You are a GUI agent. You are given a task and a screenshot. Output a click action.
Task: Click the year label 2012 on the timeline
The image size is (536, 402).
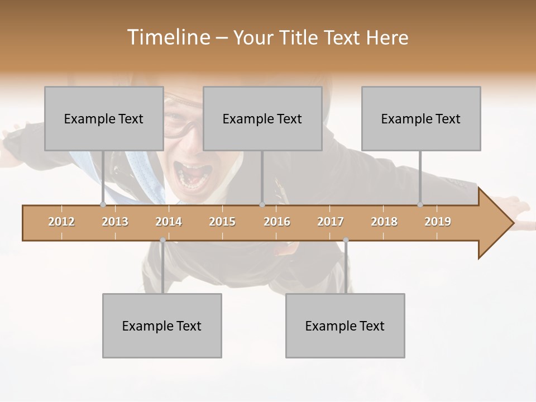(x=61, y=222)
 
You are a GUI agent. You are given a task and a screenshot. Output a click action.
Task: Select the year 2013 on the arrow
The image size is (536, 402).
(x=115, y=222)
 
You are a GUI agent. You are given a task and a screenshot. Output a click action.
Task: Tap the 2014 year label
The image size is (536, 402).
(x=169, y=222)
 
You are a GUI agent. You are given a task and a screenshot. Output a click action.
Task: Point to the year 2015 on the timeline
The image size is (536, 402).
(x=222, y=222)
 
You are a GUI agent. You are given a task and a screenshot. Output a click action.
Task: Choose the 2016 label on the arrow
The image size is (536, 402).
(x=277, y=222)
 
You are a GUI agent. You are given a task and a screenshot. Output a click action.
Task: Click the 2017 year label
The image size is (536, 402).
(x=331, y=222)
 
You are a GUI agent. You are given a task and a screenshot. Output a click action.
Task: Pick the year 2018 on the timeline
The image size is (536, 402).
(x=384, y=222)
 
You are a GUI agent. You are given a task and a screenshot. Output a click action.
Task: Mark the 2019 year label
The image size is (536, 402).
(x=438, y=222)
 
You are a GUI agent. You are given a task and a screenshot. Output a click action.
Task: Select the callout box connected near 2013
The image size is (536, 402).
(x=104, y=118)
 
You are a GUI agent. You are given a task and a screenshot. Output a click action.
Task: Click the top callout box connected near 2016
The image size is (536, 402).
(x=262, y=118)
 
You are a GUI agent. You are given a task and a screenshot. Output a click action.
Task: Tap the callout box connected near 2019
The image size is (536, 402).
(x=421, y=118)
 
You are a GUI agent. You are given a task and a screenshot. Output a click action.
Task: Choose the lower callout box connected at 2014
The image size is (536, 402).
(x=162, y=326)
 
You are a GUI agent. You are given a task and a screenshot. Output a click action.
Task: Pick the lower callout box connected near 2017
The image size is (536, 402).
(x=345, y=326)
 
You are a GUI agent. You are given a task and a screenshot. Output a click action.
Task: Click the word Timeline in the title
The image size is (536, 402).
(x=168, y=37)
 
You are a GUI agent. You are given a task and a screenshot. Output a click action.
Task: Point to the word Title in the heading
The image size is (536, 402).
(x=300, y=37)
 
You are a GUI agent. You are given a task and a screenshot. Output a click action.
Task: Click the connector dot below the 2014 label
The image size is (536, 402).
(x=162, y=240)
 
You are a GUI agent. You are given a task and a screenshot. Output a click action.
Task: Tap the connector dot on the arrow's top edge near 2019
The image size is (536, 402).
(x=420, y=205)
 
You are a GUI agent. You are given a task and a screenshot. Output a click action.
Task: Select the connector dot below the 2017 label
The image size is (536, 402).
(x=346, y=240)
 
